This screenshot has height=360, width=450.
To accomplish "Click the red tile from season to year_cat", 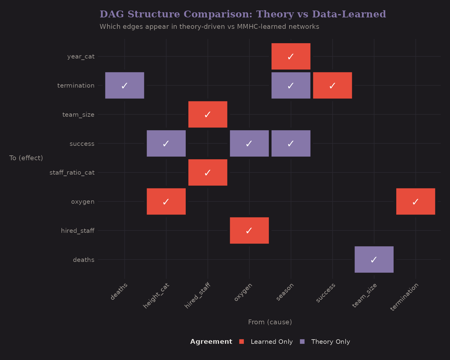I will point(291,56).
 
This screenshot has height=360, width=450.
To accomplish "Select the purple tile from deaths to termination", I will point(124,85).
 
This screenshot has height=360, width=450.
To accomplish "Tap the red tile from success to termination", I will point(332,85).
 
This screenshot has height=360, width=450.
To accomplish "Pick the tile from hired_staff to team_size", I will point(208,114).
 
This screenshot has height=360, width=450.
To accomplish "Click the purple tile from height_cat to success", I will point(166,143).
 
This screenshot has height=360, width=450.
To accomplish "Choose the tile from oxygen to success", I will point(249,143).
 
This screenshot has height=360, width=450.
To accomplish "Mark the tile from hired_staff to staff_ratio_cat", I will point(208,172).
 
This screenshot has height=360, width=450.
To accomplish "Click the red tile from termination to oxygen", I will point(415,201).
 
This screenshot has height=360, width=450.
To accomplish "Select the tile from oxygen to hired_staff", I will point(249,230).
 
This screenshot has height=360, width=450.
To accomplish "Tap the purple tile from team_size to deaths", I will point(374,259).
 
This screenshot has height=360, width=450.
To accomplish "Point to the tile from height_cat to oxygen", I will point(166,201).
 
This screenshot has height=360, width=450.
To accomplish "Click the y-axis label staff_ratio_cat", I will point(72,172).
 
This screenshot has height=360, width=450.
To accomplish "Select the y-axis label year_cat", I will point(81,56).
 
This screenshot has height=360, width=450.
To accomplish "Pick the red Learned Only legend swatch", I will point(242,342).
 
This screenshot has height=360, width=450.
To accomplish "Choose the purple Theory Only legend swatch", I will point(302,342).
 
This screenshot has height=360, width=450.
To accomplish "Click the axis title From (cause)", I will point(270,322).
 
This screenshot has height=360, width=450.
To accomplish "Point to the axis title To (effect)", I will point(26,158).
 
